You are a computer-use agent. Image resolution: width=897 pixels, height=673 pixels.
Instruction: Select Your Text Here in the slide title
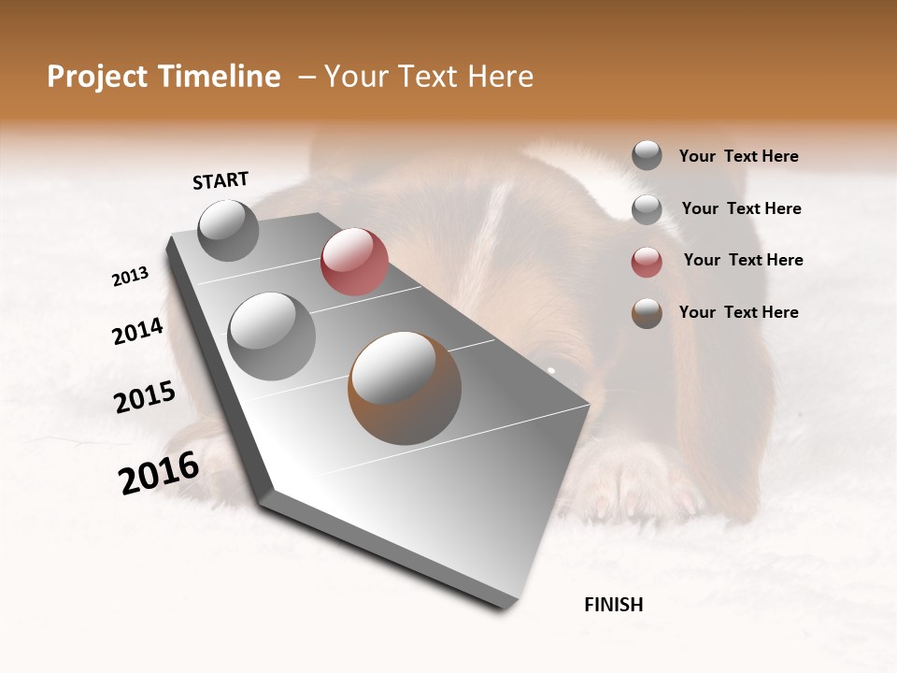tap(429, 77)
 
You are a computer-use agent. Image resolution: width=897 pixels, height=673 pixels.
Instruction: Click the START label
tap(221, 180)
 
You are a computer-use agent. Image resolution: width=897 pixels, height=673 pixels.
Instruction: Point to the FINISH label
tap(613, 605)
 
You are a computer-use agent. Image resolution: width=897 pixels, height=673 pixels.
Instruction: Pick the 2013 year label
tap(131, 277)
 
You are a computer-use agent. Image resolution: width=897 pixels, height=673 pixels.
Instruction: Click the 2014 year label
tap(137, 331)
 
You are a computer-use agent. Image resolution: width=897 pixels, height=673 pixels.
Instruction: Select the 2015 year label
tap(145, 397)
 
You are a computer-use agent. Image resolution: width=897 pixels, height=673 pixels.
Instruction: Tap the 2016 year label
tap(159, 472)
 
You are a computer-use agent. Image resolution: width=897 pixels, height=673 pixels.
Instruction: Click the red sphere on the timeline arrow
tap(354, 262)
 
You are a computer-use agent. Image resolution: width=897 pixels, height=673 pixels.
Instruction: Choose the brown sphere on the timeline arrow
tap(405, 388)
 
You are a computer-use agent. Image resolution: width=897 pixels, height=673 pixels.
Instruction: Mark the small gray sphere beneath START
tap(228, 230)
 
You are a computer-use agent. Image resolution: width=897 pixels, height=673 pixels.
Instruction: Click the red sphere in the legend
tap(647, 262)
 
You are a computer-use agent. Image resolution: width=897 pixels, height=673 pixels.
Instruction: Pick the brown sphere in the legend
tap(647, 313)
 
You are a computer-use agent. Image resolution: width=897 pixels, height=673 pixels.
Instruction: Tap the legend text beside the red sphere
tap(743, 260)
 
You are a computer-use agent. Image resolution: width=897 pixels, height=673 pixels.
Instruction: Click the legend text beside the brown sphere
tap(738, 312)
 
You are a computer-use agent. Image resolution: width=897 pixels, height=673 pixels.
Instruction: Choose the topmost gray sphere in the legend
tap(647, 155)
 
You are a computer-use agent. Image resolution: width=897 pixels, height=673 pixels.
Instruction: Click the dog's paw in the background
tap(635, 486)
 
